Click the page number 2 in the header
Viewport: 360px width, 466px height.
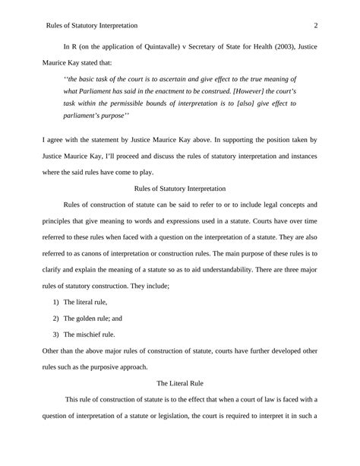click(315, 26)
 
